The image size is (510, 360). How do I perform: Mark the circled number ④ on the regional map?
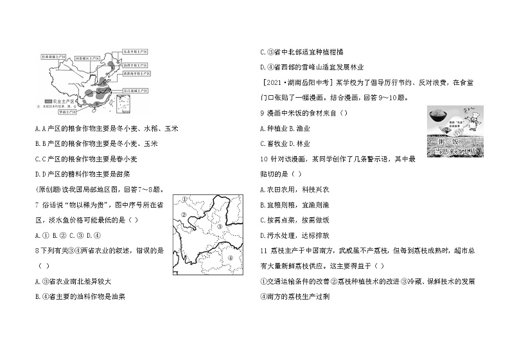click(x=230, y=259)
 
